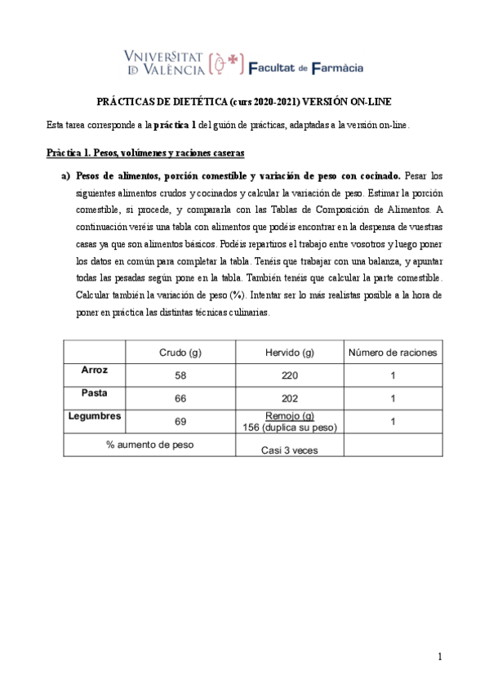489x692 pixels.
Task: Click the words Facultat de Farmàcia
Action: pyautogui.click(x=305, y=68)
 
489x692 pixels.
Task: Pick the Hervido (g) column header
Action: pyautogui.click(x=290, y=353)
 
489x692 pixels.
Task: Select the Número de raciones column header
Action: pyautogui.click(x=393, y=353)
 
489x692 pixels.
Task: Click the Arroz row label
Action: pyautogui.click(x=94, y=370)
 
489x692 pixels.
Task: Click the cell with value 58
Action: pyautogui.click(x=180, y=375)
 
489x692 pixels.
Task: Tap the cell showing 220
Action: pyautogui.click(x=290, y=375)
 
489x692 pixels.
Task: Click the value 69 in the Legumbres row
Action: pyautogui.click(x=180, y=421)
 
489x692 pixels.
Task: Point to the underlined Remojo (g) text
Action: pyautogui.click(x=290, y=416)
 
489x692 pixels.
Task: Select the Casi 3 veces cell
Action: pyautogui.click(x=289, y=449)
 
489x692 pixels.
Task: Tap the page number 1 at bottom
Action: pyautogui.click(x=439, y=655)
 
